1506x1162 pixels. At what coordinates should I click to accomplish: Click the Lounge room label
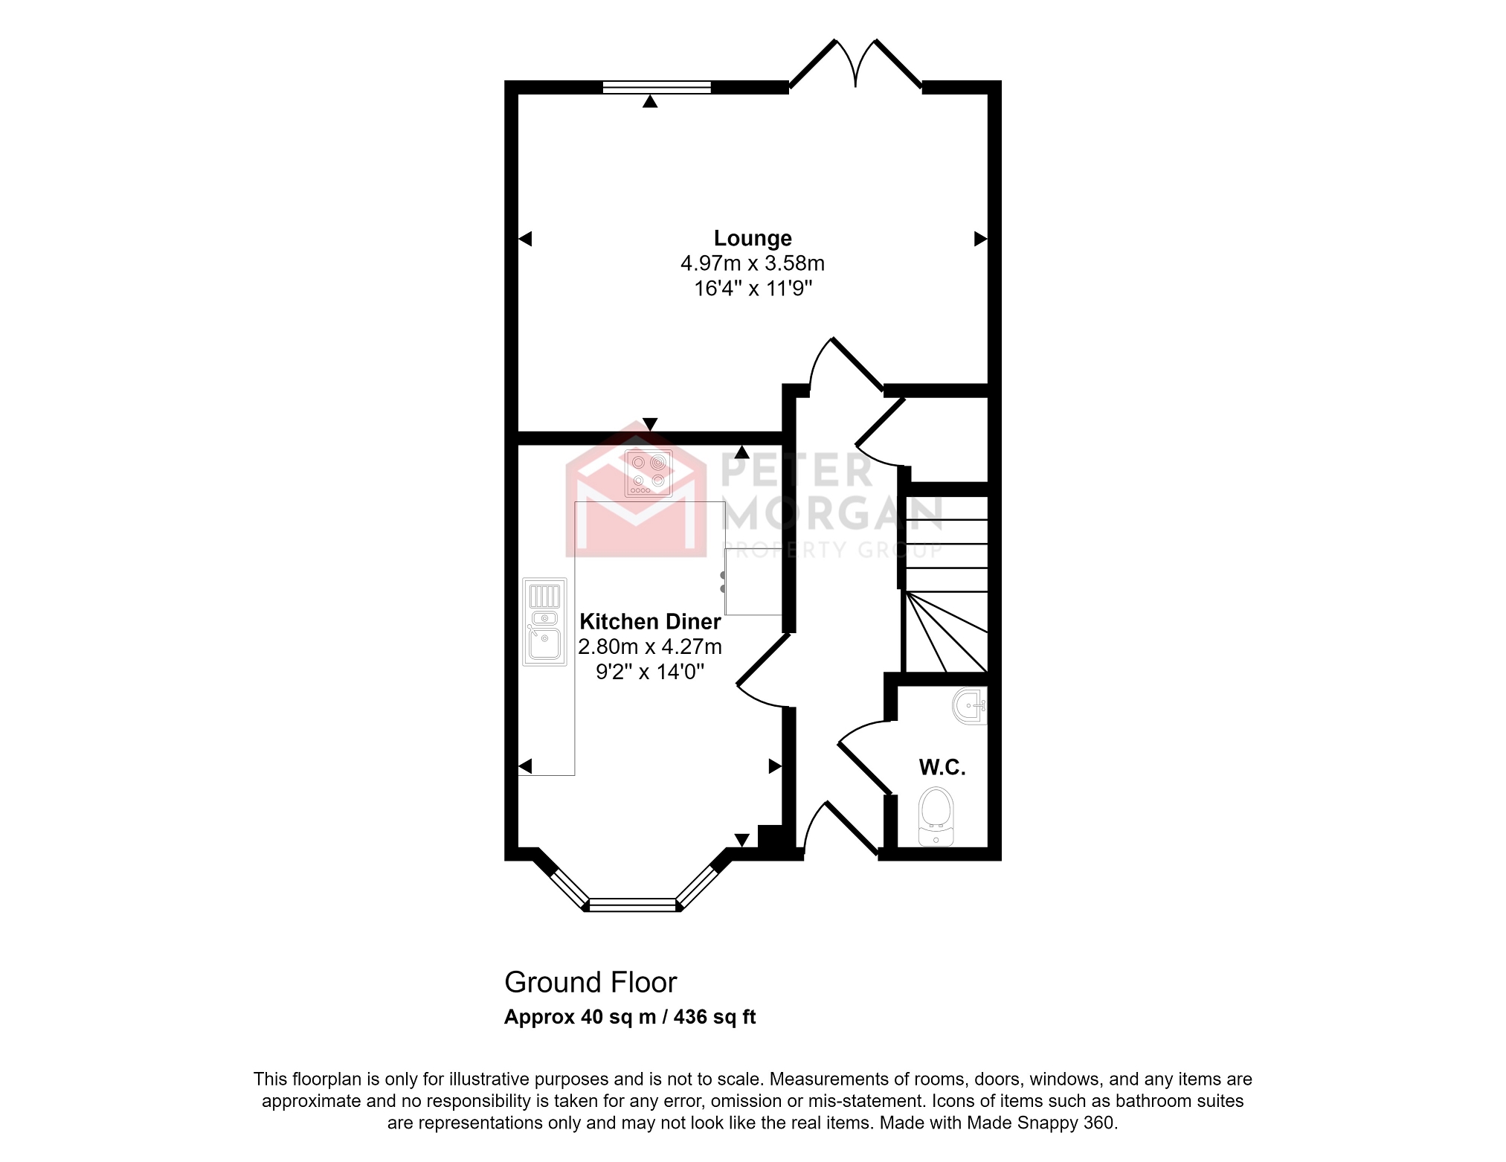click(753, 238)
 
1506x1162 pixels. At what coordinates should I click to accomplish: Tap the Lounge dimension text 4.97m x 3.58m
click(753, 263)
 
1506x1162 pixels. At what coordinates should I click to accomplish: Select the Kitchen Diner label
click(650, 621)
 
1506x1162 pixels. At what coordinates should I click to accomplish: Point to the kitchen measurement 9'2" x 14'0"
click(650, 672)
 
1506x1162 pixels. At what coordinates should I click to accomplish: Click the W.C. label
click(942, 767)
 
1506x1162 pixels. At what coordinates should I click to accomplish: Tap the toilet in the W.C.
click(936, 816)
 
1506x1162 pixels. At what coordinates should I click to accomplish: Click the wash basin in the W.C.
click(970, 706)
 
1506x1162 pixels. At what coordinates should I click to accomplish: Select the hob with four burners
click(649, 473)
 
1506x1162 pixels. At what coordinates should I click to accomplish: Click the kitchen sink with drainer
click(544, 622)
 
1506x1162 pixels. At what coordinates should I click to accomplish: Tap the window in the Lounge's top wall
click(656, 88)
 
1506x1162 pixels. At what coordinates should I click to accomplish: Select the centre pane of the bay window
click(633, 905)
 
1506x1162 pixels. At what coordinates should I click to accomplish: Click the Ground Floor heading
click(591, 983)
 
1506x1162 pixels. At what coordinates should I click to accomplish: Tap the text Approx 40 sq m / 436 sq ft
click(630, 1017)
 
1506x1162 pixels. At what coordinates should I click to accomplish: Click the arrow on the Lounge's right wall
click(980, 239)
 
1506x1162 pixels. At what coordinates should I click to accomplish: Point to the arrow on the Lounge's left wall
click(525, 239)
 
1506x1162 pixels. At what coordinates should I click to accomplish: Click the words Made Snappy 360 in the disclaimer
click(1040, 1123)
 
